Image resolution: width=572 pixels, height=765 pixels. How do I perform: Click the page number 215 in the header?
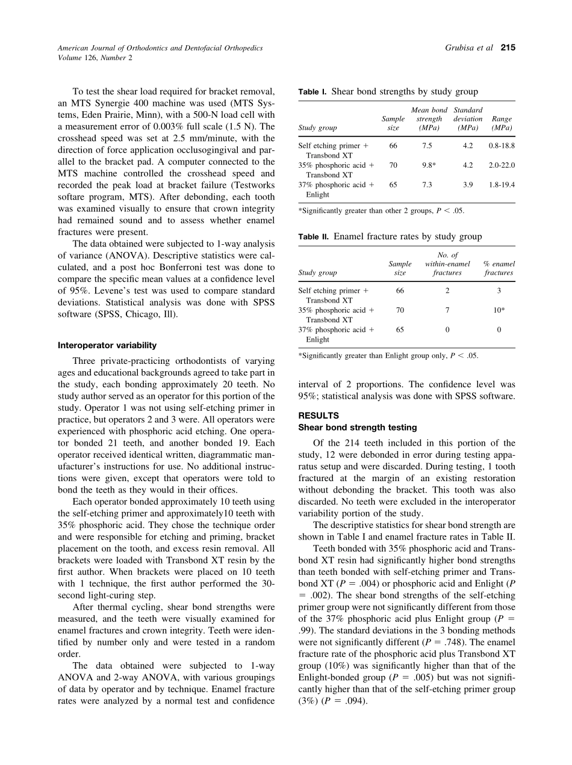tap(508, 48)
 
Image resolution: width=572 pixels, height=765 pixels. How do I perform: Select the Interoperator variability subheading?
tap(107, 345)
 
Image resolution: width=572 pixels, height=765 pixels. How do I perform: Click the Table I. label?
tap(312, 92)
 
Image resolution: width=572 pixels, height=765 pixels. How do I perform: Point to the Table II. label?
tap(313, 237)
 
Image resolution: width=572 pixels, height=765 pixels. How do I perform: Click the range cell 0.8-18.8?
tap(502, 146)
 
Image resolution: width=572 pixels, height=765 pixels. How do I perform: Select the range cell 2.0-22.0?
tap(502, 165)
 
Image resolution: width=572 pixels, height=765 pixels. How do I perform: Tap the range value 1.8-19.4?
tap(502, 185)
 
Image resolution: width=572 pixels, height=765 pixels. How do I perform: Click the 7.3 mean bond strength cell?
tap(427, 185)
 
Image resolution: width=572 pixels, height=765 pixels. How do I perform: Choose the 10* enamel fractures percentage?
tap(499, 310)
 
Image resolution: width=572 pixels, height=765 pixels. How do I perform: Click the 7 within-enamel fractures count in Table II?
tap(447, 310)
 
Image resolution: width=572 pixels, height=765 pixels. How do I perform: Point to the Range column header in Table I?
tap(502, 123)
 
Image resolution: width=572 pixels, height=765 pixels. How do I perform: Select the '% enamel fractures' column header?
tap(499, 268)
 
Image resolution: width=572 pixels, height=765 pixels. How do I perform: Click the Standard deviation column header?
tap(468, 119)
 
